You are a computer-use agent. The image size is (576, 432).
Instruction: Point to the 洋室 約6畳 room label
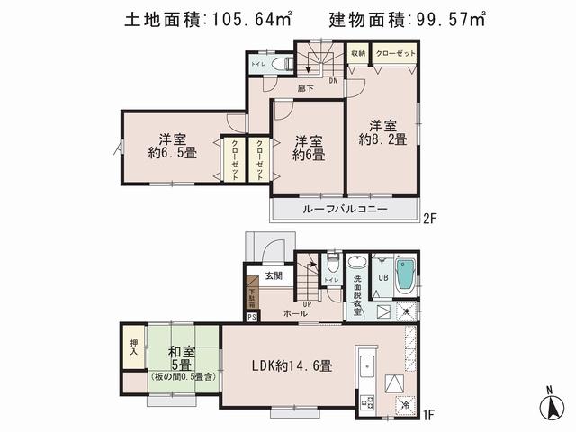(x=308, y=148)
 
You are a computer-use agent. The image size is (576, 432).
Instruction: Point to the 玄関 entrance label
(x=274, y=277)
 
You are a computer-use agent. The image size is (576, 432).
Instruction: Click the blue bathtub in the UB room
(x=405, y=274)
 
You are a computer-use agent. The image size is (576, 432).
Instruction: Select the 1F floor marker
(x=429, y=415)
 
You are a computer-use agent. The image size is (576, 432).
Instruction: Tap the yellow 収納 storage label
(x=357, y=54)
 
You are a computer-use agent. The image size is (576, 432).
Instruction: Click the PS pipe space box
(x=251, y=317)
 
